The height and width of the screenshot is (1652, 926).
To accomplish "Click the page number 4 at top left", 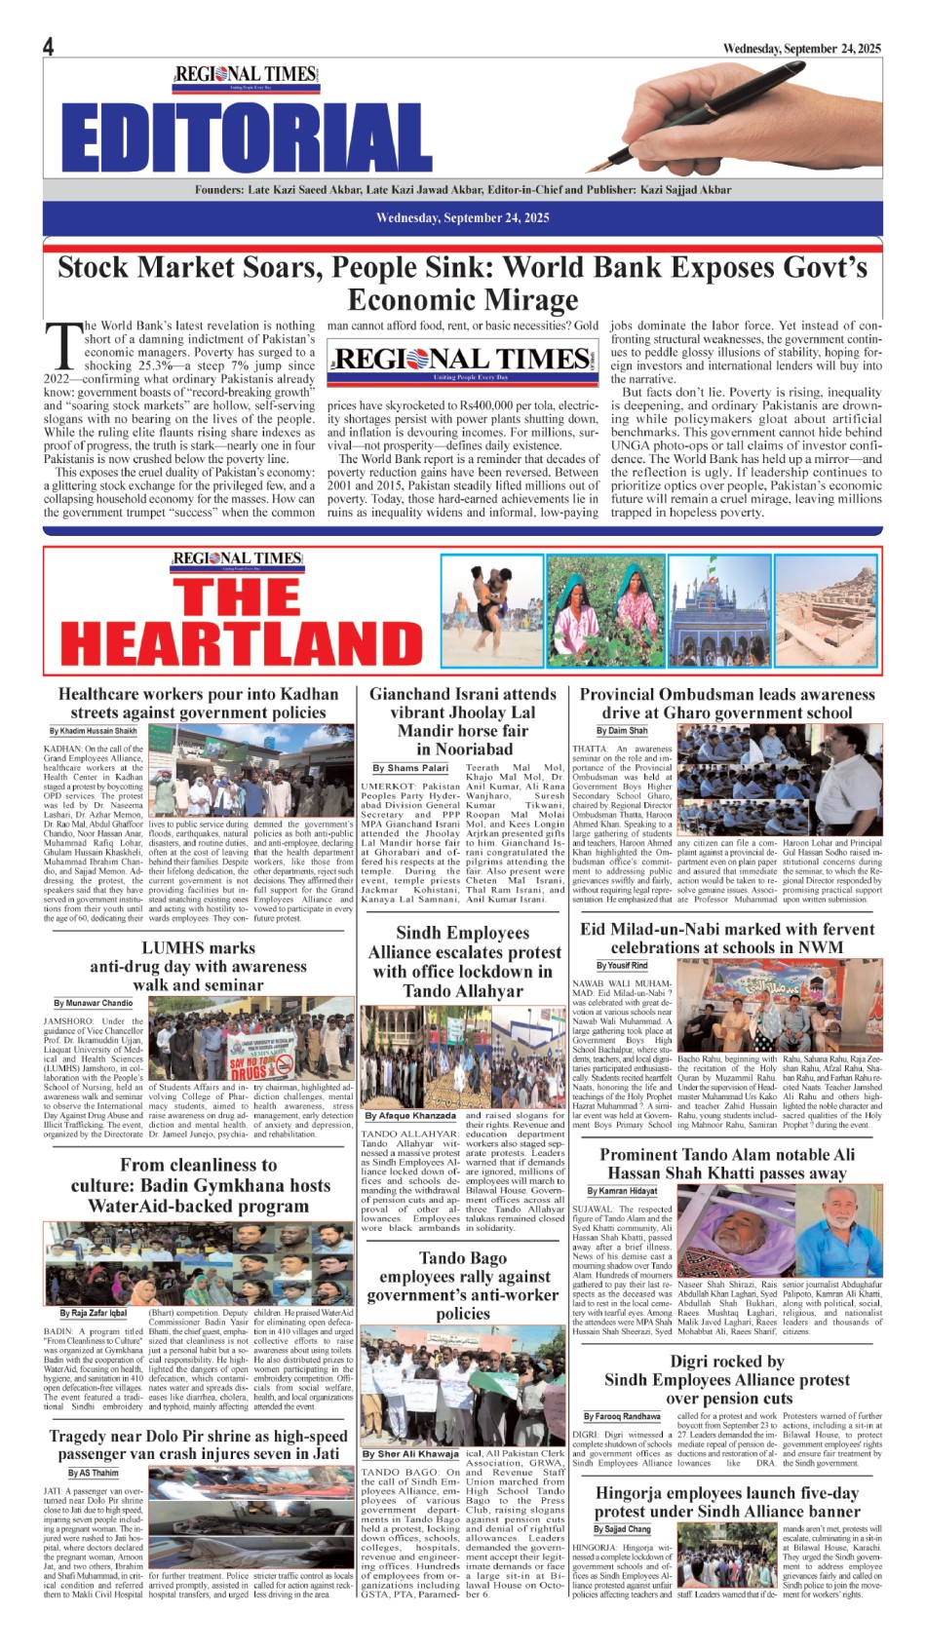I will click(48, 47).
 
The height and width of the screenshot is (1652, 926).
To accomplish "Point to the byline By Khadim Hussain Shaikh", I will click(94, 731).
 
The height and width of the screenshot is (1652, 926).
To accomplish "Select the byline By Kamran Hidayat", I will click(622, 1191).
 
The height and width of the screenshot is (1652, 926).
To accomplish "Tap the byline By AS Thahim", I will click(93, 1473).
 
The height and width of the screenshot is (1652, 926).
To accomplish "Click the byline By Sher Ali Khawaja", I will click(410, 1454).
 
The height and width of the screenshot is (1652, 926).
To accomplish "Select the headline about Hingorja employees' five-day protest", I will click(727, 1502).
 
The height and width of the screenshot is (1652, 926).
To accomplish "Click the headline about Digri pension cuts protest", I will click(727, 1380).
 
